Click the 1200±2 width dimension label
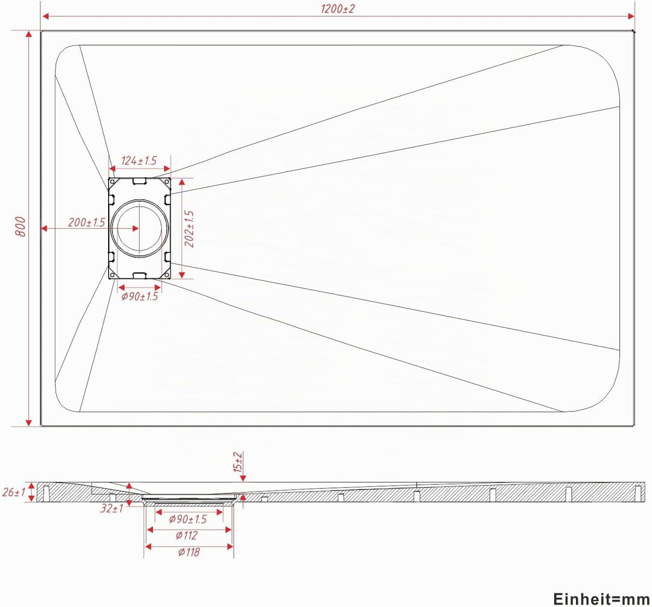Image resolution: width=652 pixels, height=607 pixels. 337,8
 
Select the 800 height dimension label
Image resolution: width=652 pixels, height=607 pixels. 21,226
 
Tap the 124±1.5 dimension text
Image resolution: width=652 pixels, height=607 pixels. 139,160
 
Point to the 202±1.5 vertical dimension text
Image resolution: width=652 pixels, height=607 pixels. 189,229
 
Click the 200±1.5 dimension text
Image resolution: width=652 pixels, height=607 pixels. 87,223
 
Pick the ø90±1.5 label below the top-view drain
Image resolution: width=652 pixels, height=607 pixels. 139,296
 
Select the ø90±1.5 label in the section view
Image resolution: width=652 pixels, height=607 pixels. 188,519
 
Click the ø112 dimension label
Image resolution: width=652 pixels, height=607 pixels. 187,535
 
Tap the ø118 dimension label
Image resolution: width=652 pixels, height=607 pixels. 189,552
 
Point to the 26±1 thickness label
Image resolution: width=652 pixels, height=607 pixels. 14,492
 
